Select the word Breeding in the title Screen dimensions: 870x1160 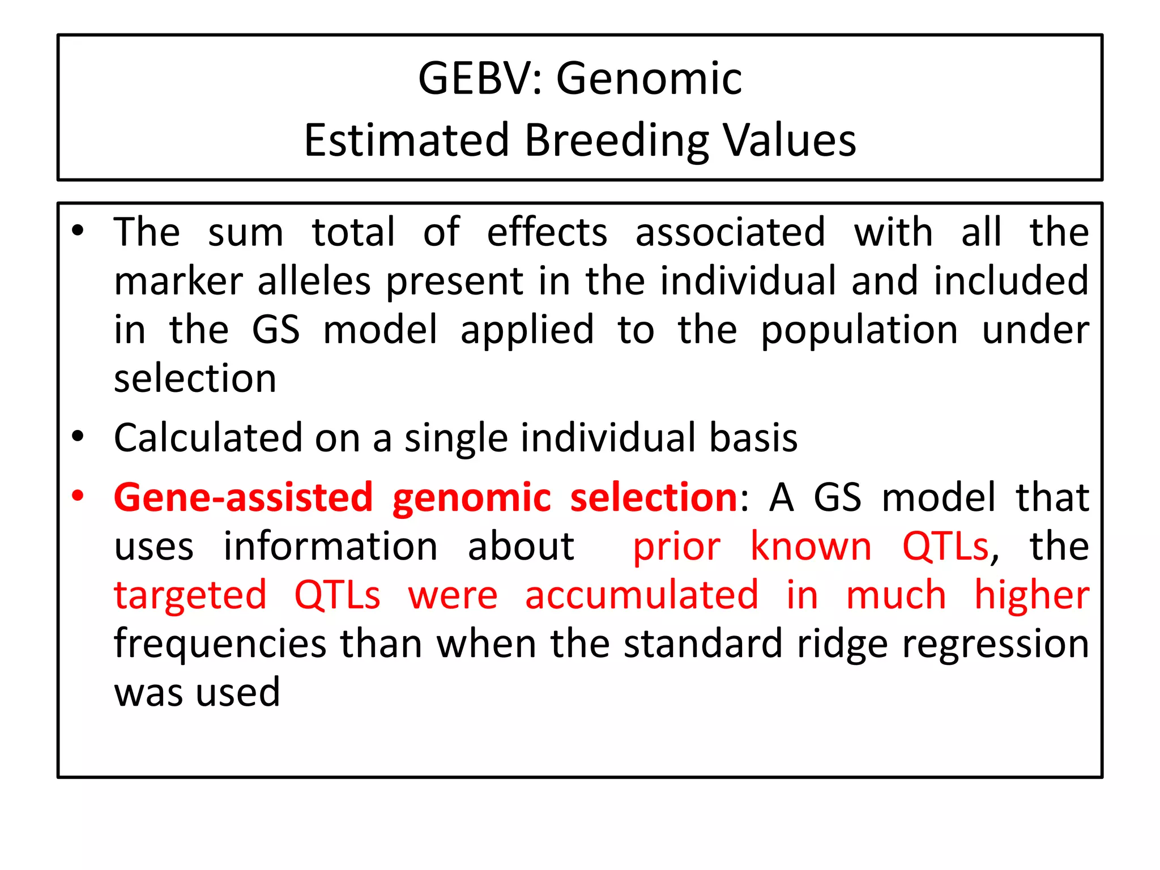pos(616,141)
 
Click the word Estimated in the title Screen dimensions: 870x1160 pos(406,140)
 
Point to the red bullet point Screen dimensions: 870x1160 pos(78,496)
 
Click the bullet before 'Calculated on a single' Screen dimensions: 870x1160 pos(78,437)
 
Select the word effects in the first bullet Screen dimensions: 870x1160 pos(547,232)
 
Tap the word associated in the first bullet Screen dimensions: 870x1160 pos(730,232)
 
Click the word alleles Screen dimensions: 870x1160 pos(314,281)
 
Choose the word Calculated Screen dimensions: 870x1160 pos(208,438)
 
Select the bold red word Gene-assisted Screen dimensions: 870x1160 pos(244,497)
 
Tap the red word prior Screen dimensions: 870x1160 pos(676,547)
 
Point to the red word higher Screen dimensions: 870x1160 pos(1031,596)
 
